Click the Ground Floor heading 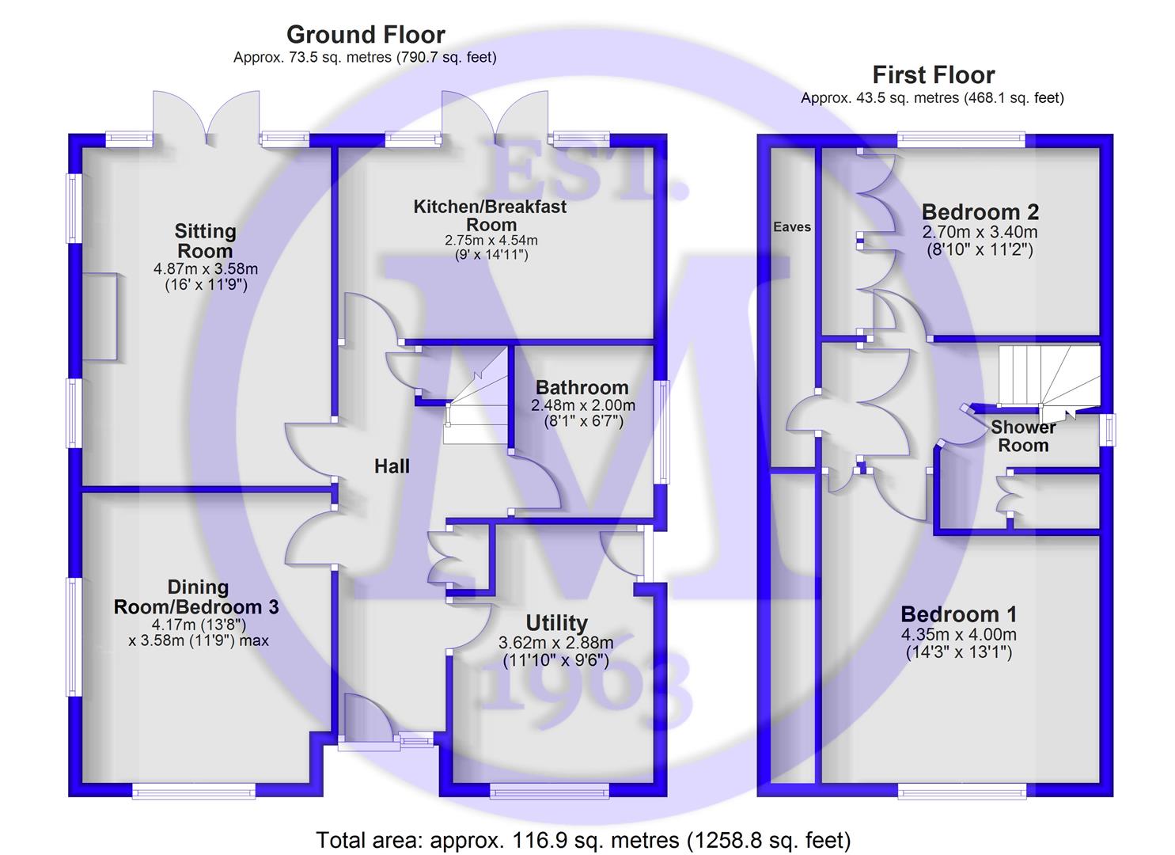pos(366,35)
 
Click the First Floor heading pos(933,75)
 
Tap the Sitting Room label pos(205,241)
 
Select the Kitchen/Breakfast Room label pos(491,215)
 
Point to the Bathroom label pos(582,387)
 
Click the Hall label pos(392,466)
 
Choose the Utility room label pos(556,623)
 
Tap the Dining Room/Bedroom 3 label pos(197,597)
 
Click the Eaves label pos(792,227)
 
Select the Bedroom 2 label pos(980,212)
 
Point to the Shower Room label pos(1023,436)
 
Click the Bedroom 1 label pos(958,614)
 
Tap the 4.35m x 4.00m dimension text pos(958,635)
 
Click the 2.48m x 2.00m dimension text pos(582,405)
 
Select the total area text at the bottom pos(583,840)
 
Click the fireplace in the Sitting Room pos(100,316)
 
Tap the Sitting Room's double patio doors pos(207,119)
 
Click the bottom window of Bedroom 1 pos(961,790)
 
